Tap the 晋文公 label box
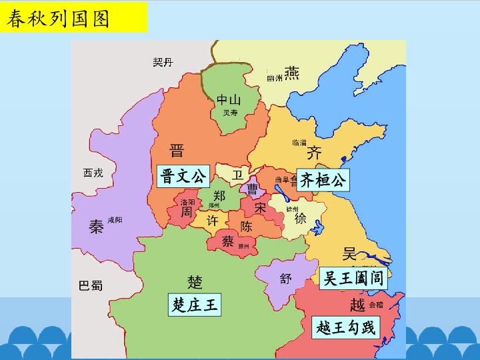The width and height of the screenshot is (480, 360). click(183, 177)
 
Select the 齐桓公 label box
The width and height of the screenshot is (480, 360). click(323, 179)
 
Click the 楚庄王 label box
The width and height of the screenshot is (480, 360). click(195, 306)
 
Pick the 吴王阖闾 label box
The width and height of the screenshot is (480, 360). click(353, 279)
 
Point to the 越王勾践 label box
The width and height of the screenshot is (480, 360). click(345, 327)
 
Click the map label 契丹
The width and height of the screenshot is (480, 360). click(163, 62)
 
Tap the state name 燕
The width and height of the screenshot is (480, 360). click(291, 73)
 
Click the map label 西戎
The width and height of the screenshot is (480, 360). click(93, 173)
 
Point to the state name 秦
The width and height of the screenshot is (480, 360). click(96, 227)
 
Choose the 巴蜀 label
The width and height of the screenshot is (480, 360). click(91, 285)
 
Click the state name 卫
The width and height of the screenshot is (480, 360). click(237, 175)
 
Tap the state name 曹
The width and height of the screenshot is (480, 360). click(253, 189)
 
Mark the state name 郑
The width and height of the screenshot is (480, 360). click(219, 196)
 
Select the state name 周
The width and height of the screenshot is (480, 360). click(187, 211)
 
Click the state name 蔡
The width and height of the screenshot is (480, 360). click(227, 241)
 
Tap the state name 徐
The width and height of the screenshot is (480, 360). click(300, 219)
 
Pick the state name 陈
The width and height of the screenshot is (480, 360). click(246, 226)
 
